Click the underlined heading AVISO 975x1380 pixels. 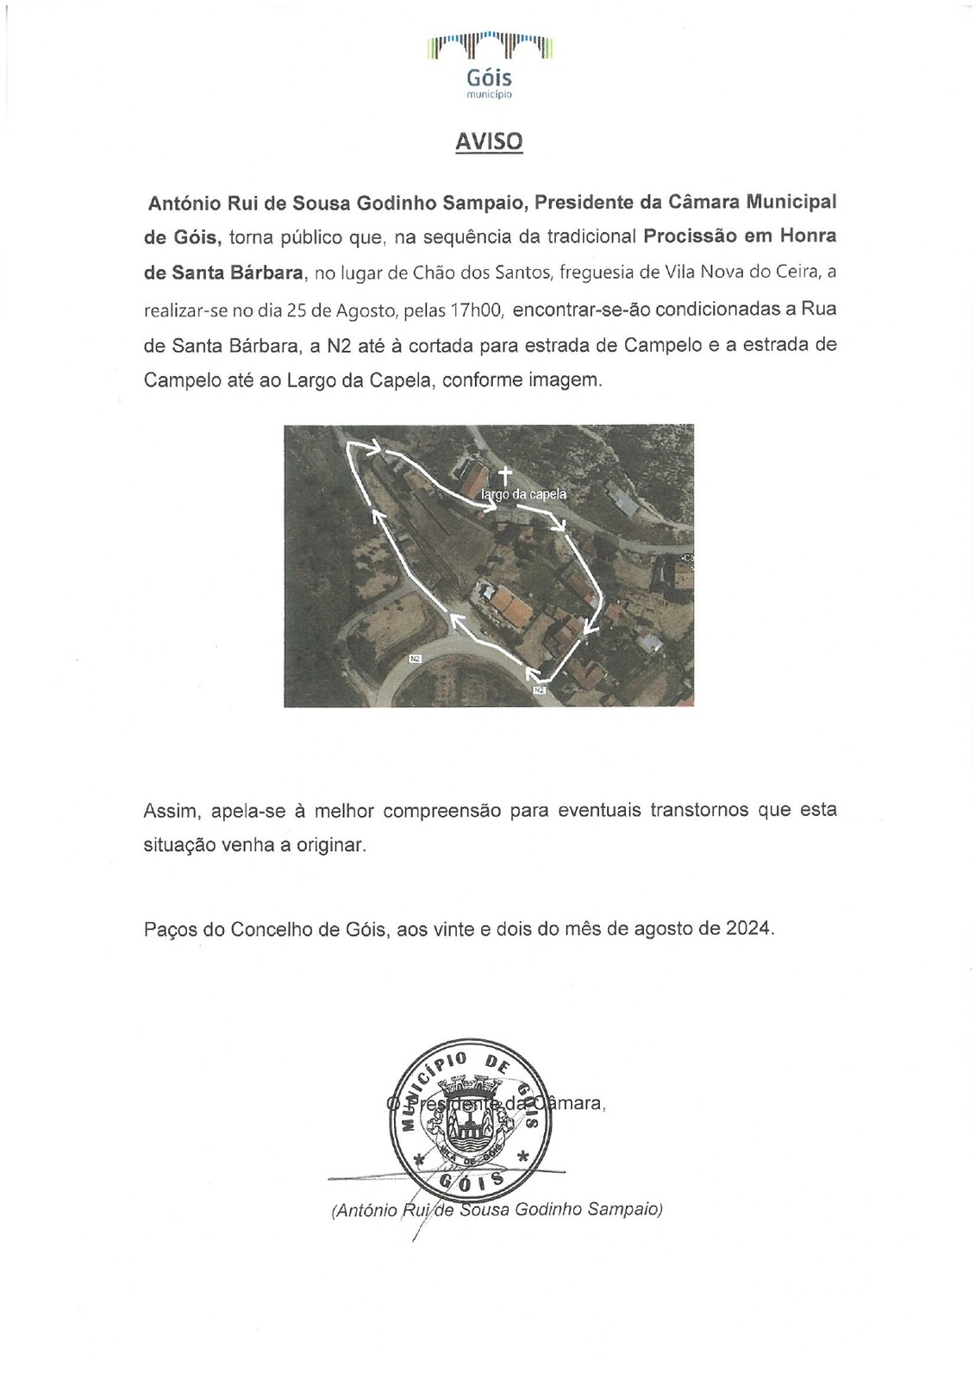click(489, 141)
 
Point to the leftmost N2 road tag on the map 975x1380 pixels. click(416, 659)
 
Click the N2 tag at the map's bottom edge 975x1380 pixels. click(540, 690)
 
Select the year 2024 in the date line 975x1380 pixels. click(748, 930)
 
